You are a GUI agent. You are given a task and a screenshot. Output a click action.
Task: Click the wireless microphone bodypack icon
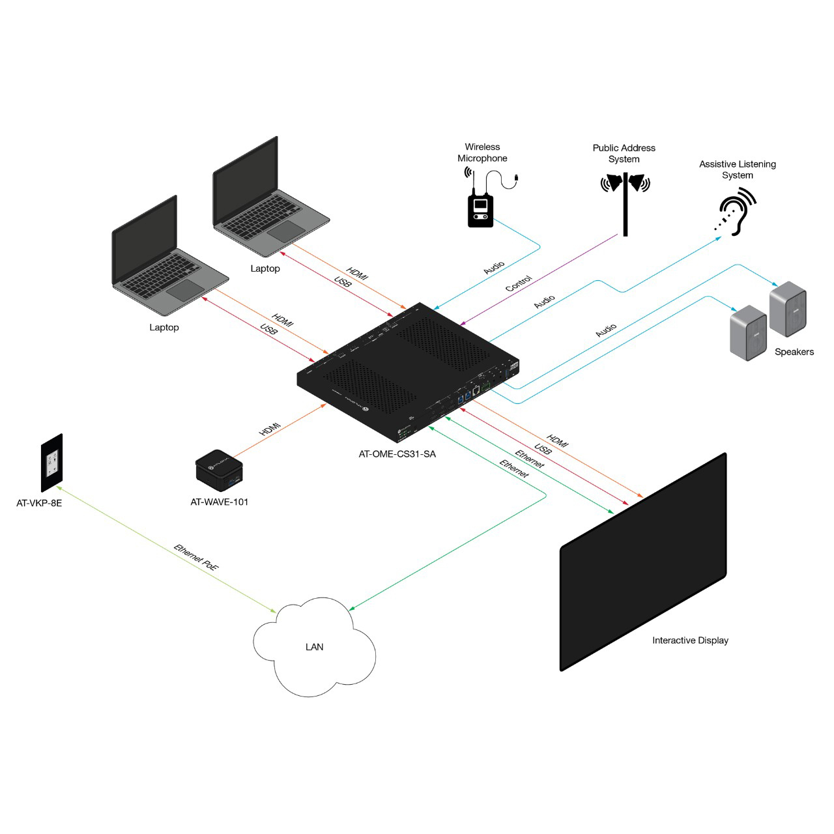480,210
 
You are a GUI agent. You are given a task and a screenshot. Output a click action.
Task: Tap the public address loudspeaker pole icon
625,202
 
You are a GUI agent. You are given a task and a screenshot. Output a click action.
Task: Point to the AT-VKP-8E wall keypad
51,463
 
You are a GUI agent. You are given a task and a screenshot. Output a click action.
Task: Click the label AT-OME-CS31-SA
397,454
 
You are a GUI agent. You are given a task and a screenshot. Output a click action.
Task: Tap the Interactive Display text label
690,640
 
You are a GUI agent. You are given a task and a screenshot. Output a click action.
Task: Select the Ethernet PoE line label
196,558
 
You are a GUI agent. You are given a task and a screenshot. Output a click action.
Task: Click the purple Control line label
519,283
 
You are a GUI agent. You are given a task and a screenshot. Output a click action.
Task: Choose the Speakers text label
794,352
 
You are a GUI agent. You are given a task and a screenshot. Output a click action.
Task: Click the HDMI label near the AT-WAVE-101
270,429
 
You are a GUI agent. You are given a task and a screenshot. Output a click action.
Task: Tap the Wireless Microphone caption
482,152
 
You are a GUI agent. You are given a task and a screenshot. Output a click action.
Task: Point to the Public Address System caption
624,153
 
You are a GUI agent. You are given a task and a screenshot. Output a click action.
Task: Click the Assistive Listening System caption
737,169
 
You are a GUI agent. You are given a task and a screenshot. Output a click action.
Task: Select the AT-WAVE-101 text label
219,502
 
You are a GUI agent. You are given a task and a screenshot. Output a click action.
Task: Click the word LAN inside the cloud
314,647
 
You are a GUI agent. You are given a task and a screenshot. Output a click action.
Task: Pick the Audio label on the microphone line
494,268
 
